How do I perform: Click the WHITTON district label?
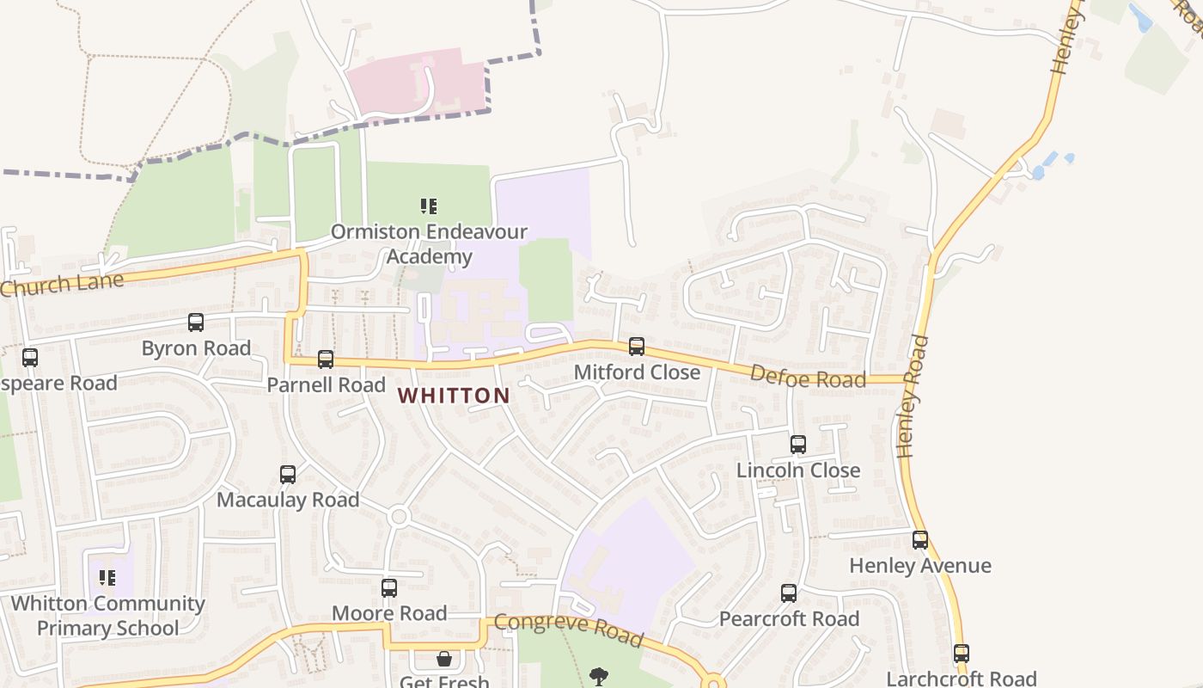(455, 396)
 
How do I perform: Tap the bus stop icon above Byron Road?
(196, 322)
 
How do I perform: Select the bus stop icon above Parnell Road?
(326, 359)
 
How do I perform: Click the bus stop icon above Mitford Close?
(637, 347)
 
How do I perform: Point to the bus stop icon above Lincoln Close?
(798, 445)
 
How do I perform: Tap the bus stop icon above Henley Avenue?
(920, 540)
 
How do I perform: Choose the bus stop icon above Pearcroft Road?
(789, 593)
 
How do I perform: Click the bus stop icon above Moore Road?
(389, 588)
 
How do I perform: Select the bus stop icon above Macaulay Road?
(288, 475)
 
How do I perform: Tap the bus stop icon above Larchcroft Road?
(962, 654)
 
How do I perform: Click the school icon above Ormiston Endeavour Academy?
(429, 206)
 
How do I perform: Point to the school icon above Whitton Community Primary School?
(107, 577)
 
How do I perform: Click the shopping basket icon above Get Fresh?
(444, 660)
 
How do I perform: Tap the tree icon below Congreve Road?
(599, 677)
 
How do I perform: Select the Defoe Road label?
(808, 376)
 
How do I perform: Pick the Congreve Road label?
(568, 630)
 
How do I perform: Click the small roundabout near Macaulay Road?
(398, 516)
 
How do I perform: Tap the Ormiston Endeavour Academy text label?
(429, 244)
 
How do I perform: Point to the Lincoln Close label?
(798, 470)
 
